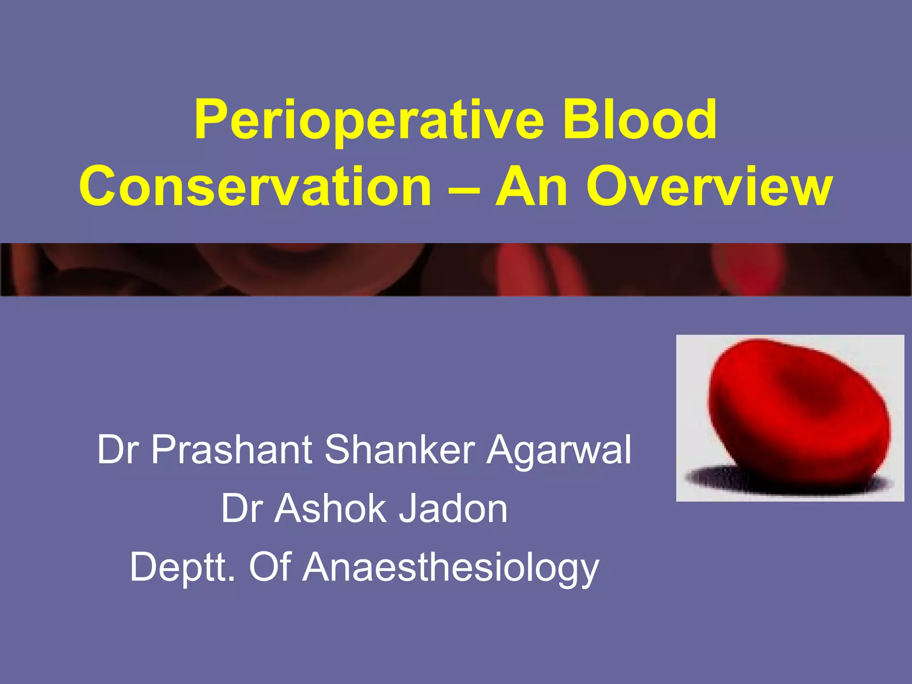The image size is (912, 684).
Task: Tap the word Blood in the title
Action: pos(640,119)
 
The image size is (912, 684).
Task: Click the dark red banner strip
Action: pos(456,269)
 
